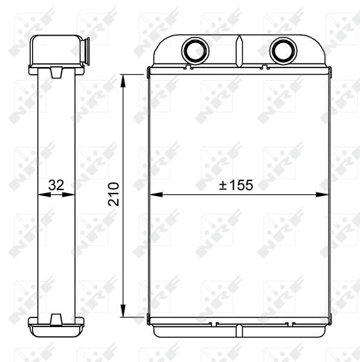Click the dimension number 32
pyautogui.click(x=56, y=185)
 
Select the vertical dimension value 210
pyautogui.click(x=114, y=194)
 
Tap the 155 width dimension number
pyautogui.click(x=240, y=185)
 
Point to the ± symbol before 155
pyautogui.click(x=222, y=186)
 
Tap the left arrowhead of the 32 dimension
pyautogui.click(x=42, y=195)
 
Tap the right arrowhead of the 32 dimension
pyautogui.click(x=71, y=195)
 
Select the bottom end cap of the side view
pyautogui.click(x=56, y=329)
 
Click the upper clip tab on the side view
pyautogui.click(x=56, y=72)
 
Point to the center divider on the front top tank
pyautogui.click(x=239, y=51)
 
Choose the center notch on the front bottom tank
pyautogui.click(x=239, y=329)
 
